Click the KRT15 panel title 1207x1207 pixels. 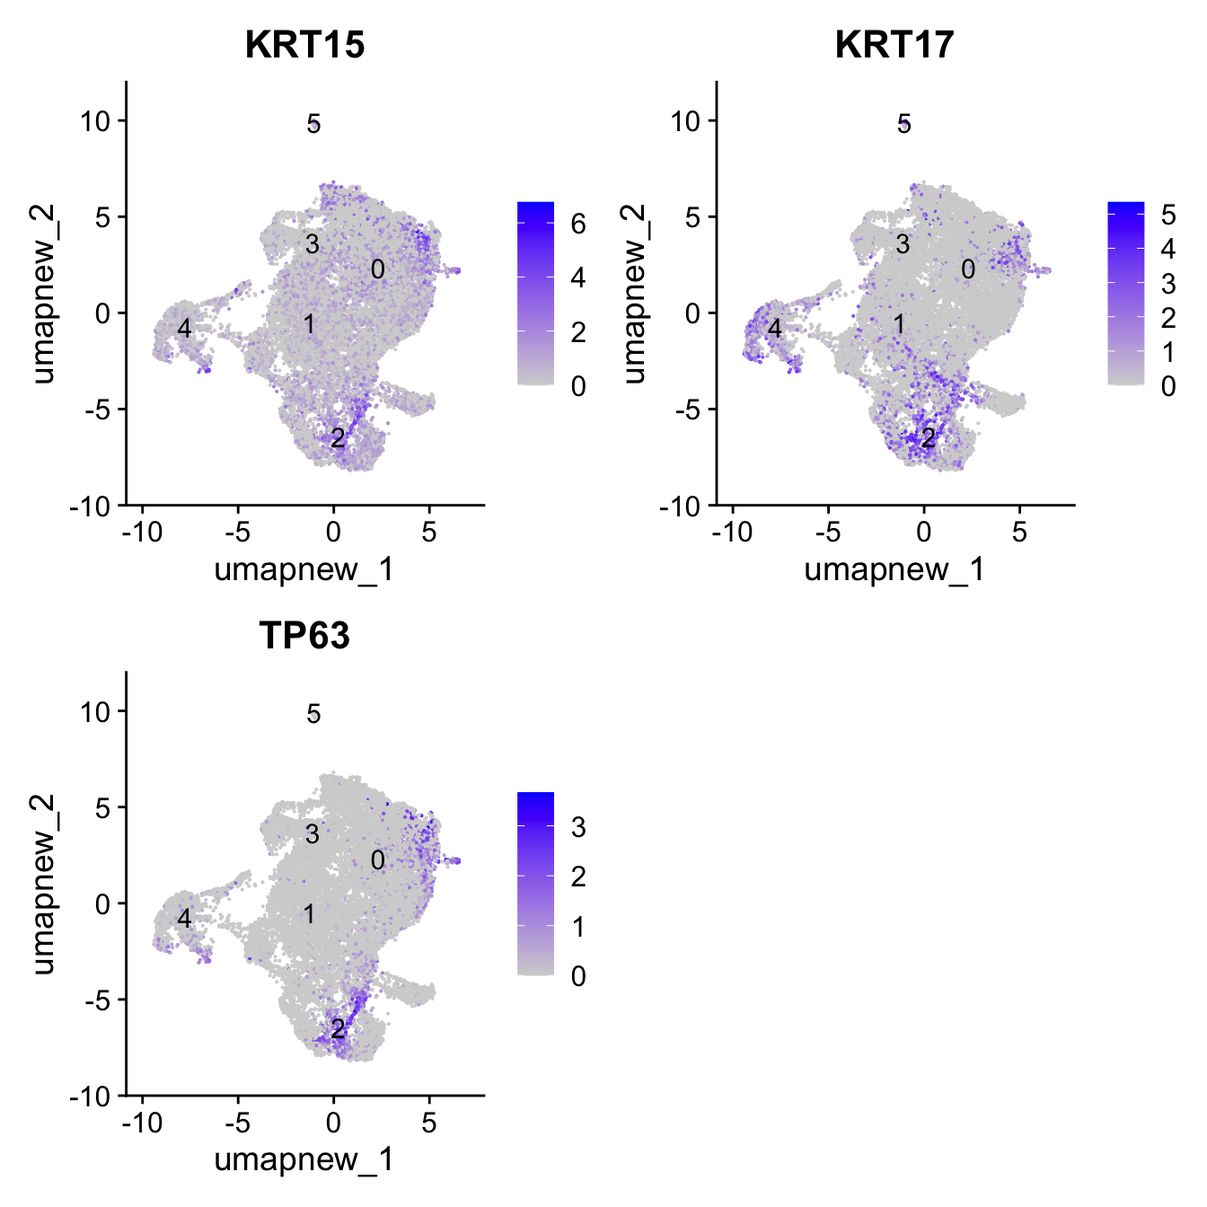(x=304, y=45)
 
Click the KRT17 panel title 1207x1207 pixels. (x=894, y=45)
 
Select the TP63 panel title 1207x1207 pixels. (x=304, y=636)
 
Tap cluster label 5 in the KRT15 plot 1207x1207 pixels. (x=313, y=124)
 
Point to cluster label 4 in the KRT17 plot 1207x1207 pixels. (x=775, y=329)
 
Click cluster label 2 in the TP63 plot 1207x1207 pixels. (x=338, y=1028)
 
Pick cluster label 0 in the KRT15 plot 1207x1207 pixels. (x=378, y=269)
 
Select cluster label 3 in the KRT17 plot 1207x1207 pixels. (x=903, y=243)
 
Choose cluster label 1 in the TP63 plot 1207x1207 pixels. (x=309, y=914)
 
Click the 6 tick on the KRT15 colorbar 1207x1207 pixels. (x=578, y=224)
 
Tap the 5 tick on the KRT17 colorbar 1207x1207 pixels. (x=1168, y=215)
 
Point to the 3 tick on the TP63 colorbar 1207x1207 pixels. (x=578, y=827)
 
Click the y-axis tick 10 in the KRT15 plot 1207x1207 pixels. (x=95, y=121)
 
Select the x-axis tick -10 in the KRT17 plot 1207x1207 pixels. (x=731, y=533)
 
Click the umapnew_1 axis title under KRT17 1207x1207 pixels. (x=894, y=569)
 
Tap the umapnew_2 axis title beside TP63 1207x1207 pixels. (x=43, y=885)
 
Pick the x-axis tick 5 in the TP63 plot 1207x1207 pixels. (x=429, y=1123)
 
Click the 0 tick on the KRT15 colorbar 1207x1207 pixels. (x=578, y=386)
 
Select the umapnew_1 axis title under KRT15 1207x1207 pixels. (x=304, y=569)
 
